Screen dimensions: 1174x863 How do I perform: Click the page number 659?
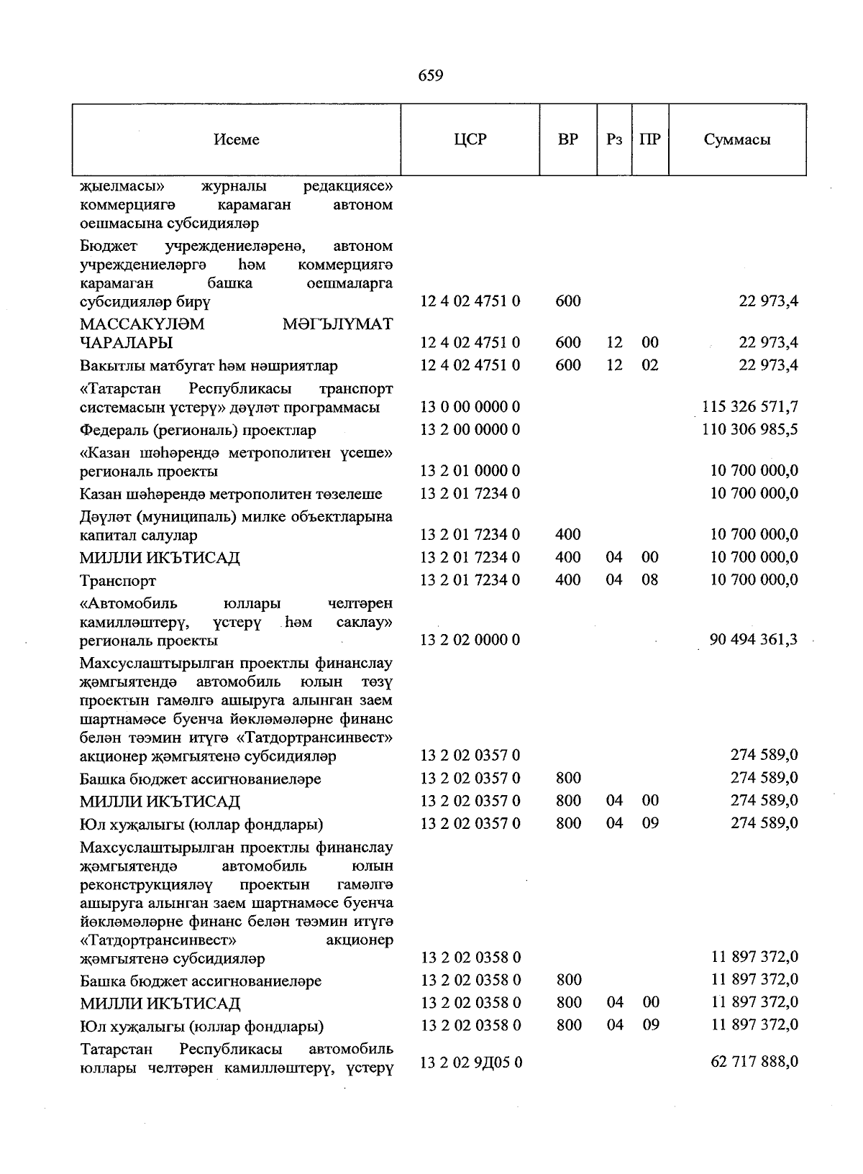(x=430, y=75)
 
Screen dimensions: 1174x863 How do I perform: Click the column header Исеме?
(x=236, y=140)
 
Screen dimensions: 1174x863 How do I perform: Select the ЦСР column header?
(x=470, y=139)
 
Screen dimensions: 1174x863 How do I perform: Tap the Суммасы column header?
(x=736, y=140)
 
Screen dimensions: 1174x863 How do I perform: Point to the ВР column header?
(x=567, y=139)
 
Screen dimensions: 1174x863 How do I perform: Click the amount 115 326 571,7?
(x=749, y=407)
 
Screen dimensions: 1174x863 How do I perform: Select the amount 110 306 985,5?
(x=749, y=430)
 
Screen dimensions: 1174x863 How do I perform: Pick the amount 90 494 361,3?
(x=752, y=640)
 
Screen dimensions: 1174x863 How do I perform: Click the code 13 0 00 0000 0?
(x=470, y=407)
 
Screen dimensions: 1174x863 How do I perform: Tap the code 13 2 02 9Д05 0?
(x=471, y=1062)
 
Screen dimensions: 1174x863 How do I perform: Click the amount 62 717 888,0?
(x=754, y=1061)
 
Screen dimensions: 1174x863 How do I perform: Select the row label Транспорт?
(x=118, y=581)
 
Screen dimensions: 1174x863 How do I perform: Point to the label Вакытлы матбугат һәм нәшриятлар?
(x=209, y=366)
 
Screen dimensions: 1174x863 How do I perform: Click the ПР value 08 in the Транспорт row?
(x=649, y=579)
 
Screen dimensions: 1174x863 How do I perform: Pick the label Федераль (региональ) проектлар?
(x=198, y=431)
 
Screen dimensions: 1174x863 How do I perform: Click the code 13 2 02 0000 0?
(x=470, y=640)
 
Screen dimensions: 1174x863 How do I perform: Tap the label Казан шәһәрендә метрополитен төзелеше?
(x=231, y=495)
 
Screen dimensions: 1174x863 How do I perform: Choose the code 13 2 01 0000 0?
(x=470, y=471)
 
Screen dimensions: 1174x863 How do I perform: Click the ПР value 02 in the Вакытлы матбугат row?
(x=649, y=365)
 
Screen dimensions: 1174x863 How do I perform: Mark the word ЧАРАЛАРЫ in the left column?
(x=126, y=343)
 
